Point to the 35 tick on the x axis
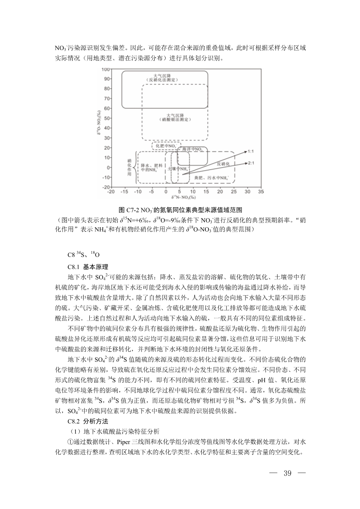point(261,191)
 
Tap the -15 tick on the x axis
point(125,191)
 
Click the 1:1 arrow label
point(251,152)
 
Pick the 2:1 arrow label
point(251,163)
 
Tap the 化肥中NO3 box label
point(166,146)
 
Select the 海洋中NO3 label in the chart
point(192,149)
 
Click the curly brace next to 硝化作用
point(136,167)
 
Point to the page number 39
point(287,473)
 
